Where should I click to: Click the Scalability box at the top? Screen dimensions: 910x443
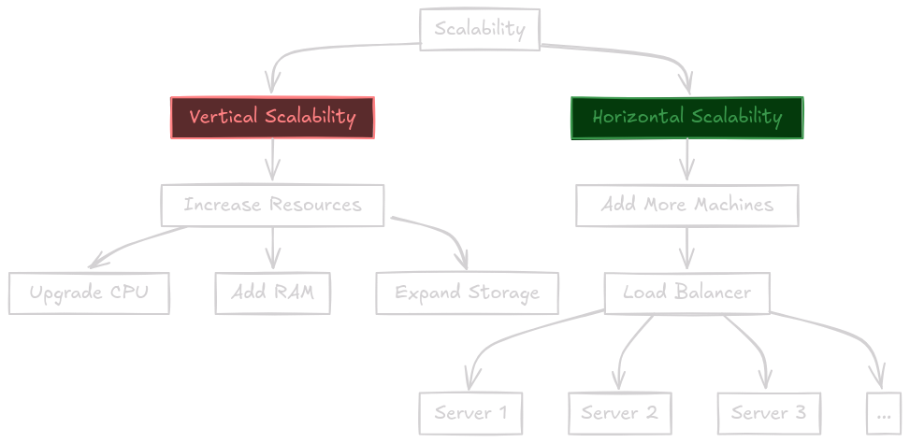480,29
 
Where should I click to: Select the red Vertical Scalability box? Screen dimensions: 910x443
272,118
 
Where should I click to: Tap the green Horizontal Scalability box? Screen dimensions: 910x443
687,118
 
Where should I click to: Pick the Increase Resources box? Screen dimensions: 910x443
272,206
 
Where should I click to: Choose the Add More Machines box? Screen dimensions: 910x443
687,206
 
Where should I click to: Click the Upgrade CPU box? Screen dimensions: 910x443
89,293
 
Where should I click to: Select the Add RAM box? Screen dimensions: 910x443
273,293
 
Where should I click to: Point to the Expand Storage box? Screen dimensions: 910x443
468,293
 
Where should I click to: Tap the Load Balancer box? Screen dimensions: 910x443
687,293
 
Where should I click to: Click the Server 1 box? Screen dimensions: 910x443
470,413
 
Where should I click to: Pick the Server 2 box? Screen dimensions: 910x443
620,413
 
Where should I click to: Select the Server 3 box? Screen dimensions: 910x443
769,413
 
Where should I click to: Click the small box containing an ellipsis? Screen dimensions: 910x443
884,413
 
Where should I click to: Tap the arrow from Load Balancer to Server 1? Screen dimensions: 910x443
511,336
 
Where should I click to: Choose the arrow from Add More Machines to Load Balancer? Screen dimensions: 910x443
687,249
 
